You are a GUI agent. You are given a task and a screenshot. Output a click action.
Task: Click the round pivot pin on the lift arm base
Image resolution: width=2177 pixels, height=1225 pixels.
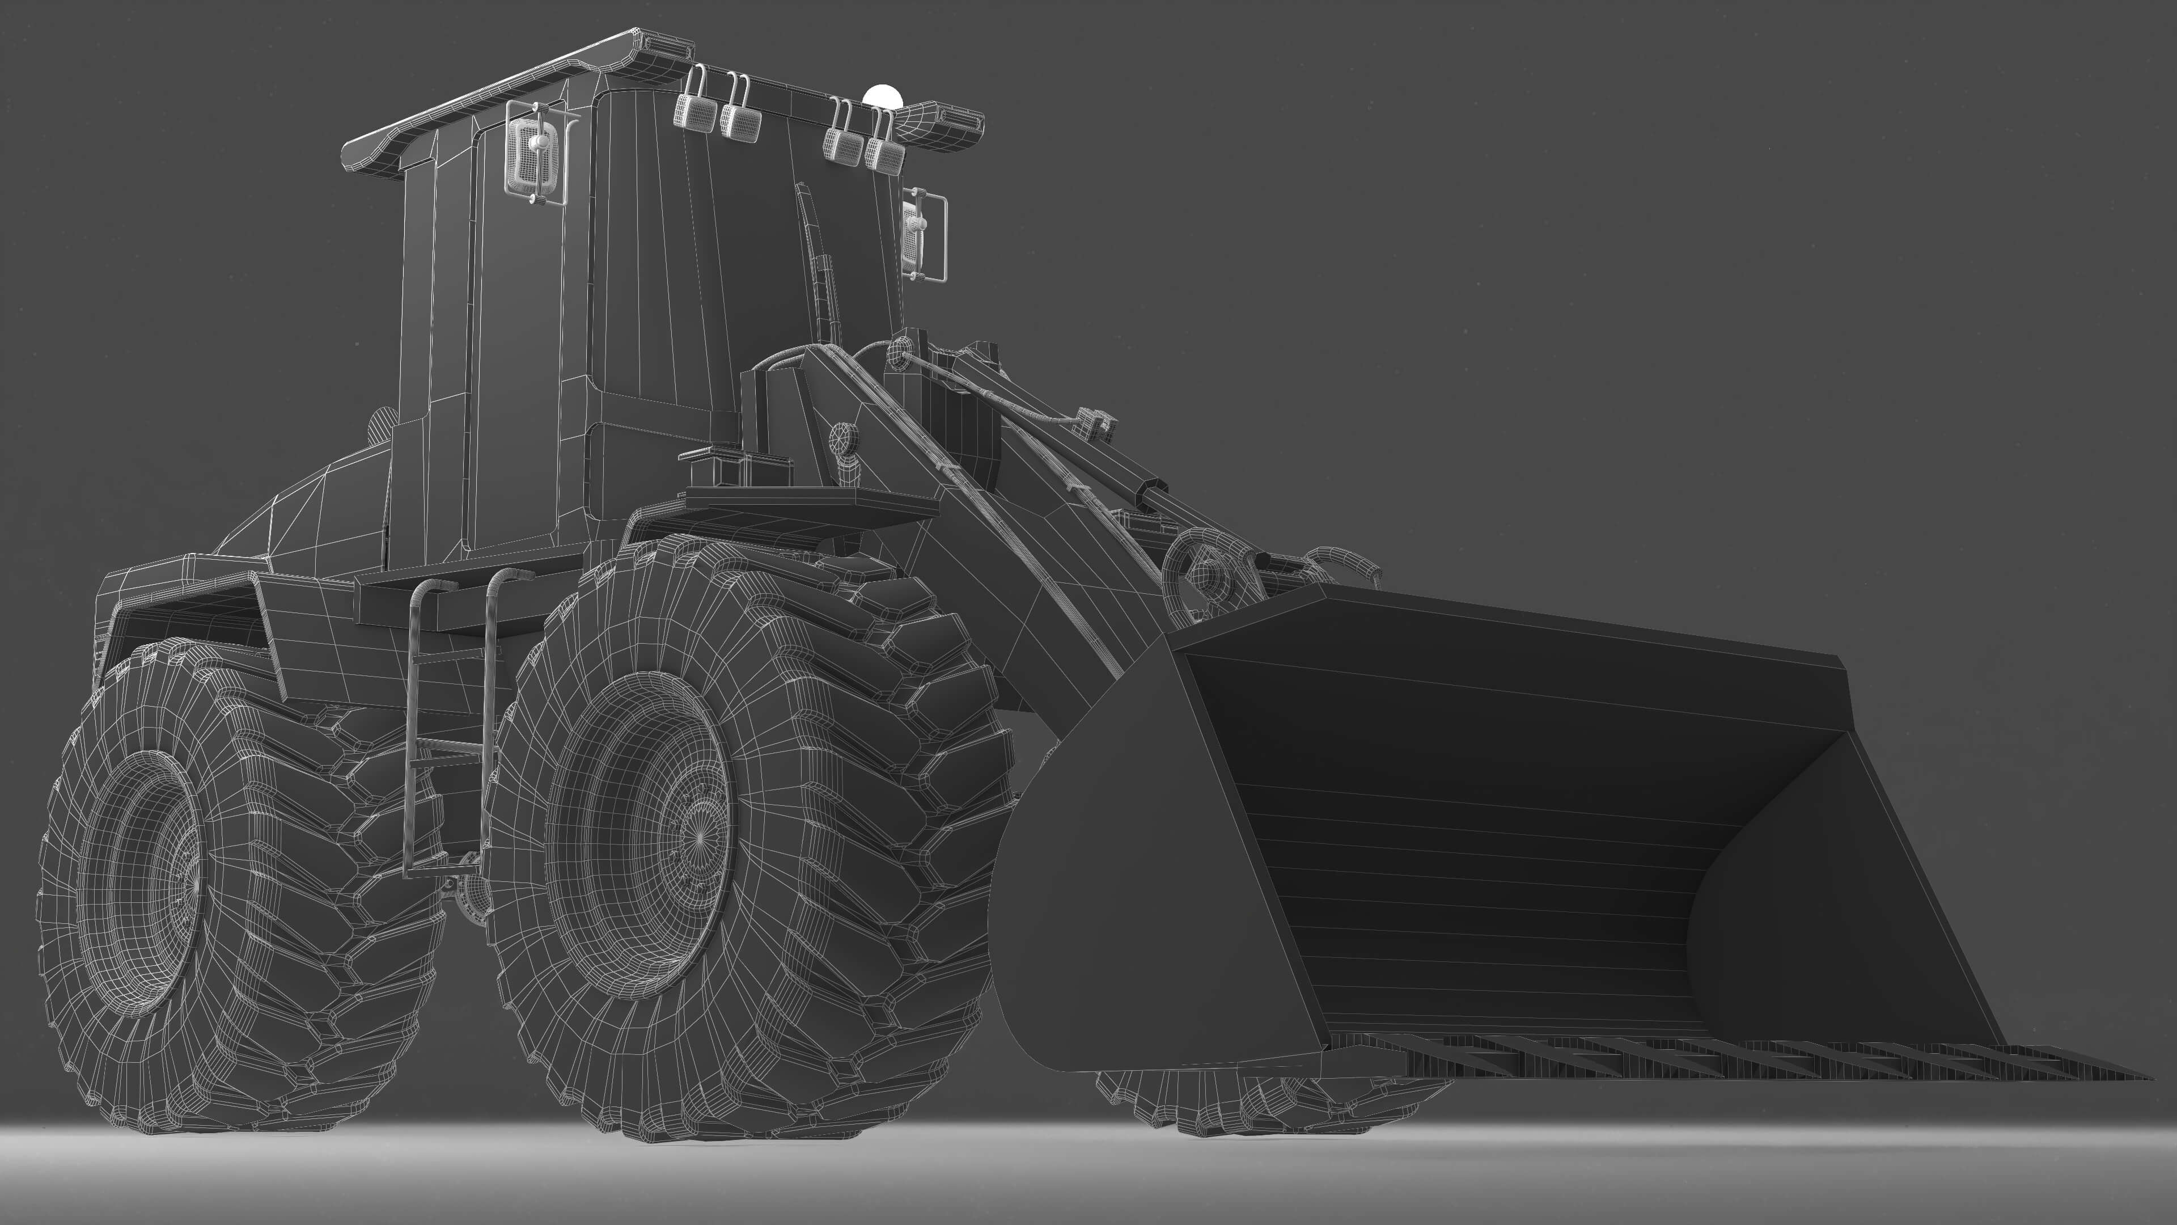pos(842,440)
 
